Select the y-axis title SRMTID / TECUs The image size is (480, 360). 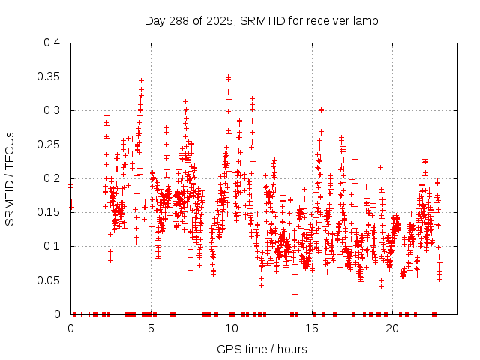coord(10,178)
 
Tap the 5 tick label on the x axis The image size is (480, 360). coord(151,328)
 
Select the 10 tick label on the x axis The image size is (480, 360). coord(231,328)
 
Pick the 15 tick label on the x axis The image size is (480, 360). coord(311,328)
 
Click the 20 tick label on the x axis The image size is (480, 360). coord(391,328)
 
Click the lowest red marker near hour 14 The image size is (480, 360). coord(295,294)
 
